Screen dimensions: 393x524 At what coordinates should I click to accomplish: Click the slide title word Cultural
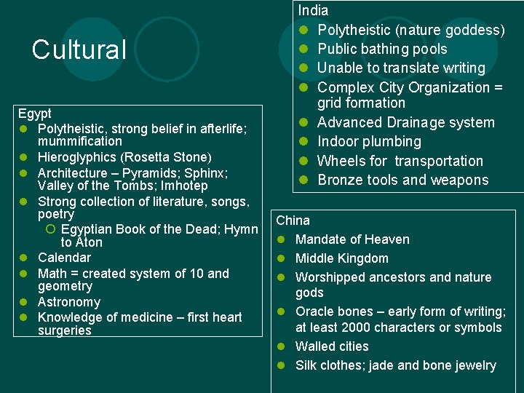[79, 49]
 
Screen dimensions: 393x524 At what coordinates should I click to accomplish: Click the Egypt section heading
[34, 114]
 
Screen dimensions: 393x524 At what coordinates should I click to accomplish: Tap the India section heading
[313, 11]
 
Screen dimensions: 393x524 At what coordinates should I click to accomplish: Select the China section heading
[293, 221]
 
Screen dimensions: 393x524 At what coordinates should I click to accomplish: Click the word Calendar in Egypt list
[64, 258]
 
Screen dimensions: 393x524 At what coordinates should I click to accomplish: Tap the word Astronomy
[68, 302]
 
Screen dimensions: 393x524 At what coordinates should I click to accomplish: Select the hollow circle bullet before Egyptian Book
[49, 230]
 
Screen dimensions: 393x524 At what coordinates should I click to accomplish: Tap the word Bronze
[340, 180]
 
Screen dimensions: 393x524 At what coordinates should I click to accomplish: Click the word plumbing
[392, 141]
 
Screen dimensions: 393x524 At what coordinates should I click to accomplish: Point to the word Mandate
[321, 239]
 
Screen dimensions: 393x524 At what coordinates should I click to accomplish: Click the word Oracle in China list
[314, 311]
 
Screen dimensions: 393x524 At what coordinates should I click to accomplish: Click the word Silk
[307, 365]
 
